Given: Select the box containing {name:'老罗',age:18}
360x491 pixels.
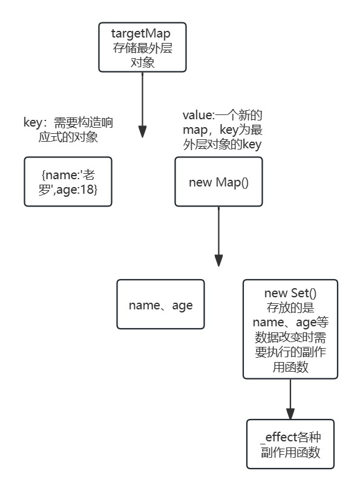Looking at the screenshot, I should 68,181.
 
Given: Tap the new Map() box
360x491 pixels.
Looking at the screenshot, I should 218,182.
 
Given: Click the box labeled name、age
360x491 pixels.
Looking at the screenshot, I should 160,305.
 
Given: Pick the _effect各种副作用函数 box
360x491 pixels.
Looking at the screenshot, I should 290,444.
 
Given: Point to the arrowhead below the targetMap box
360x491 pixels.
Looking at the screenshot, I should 142,131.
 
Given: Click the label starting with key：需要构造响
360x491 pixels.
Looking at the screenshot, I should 67,122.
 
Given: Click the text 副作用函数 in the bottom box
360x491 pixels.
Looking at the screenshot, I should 290,452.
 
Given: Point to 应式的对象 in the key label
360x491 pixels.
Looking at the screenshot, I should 67,137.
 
